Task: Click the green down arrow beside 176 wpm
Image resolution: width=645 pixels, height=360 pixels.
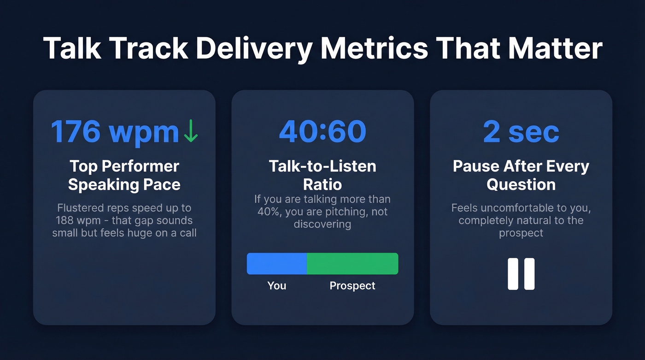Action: [190, 132]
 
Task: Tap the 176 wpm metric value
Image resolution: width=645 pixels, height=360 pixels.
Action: [115, 132]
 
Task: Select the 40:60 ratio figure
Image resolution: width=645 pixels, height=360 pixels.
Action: [322, 132]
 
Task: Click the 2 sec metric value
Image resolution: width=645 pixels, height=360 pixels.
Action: [521, 132]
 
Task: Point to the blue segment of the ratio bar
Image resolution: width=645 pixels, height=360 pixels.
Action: [277, 264]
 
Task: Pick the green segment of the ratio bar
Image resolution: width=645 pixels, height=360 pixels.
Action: [352, 264]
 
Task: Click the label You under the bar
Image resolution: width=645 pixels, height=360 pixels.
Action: [277, 286]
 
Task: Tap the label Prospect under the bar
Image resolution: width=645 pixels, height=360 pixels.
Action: [352, 286]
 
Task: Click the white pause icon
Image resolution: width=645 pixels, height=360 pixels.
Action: [521, 274]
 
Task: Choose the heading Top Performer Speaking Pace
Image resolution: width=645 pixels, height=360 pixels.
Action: [124, 175]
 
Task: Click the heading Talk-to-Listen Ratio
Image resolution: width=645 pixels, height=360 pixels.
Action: [322, 175]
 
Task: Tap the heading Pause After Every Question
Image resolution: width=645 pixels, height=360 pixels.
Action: [521, 175]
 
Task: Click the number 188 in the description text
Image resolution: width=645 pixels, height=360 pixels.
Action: [65, 220]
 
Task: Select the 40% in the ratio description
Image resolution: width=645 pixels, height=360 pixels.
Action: [269, 212]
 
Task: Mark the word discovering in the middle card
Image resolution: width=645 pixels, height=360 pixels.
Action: [322, 224]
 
